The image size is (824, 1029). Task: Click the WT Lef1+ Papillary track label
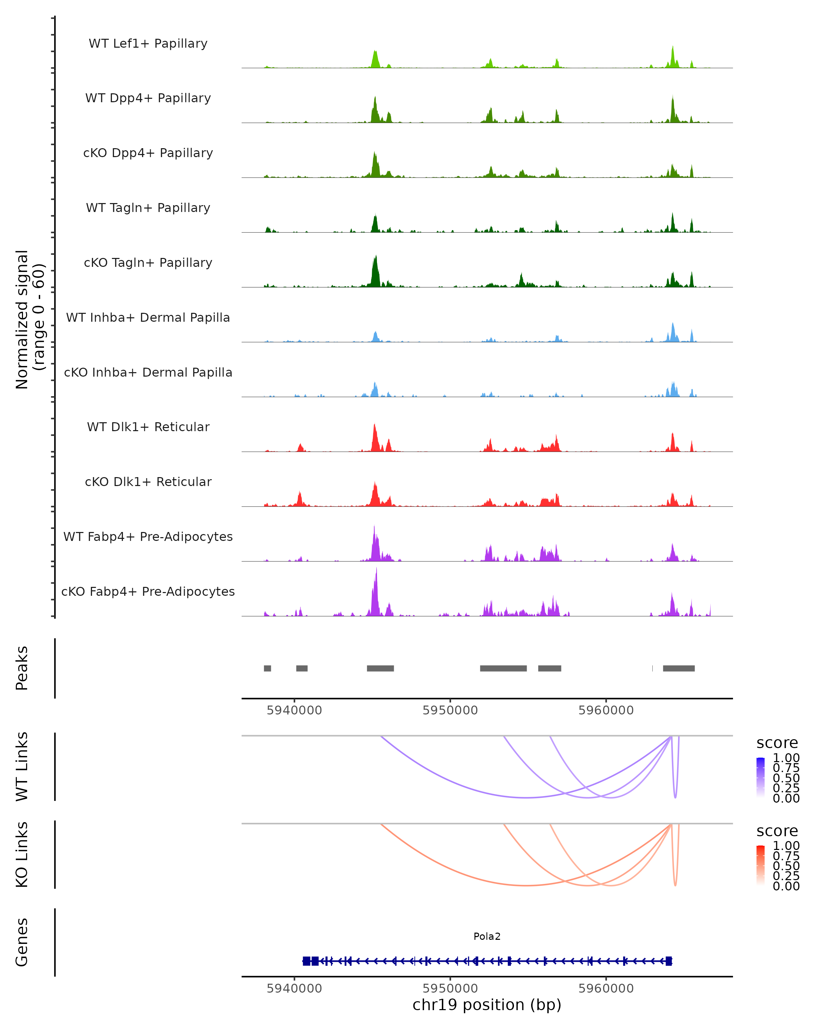tap(148, 44)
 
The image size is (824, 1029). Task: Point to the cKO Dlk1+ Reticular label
tap(148, 482)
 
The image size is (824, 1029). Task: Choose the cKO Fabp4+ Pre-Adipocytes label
tap(148, 591)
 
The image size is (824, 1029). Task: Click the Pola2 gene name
tap(487, 936)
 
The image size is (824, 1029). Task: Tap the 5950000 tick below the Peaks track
tap(450, 710)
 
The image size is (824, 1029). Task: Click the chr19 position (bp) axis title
tap(487, 1005)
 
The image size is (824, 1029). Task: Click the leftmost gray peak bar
tap(267, 668)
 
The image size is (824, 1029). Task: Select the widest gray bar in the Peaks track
tap(503, 668)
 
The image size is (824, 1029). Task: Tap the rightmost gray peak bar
tap(678, 668)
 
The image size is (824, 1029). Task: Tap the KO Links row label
tap(22, 854)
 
